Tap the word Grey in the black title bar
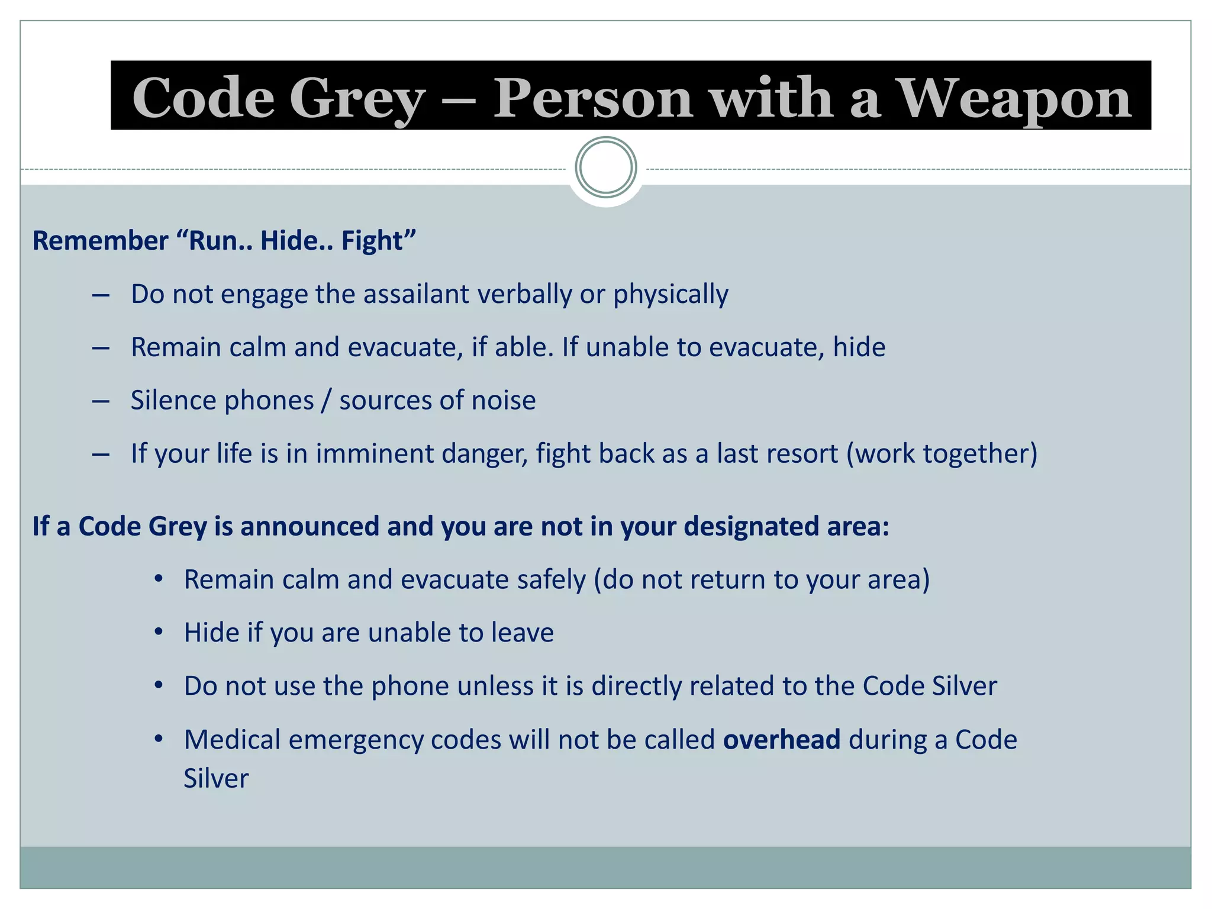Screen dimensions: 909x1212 pyautogui.click(x=357, y=98)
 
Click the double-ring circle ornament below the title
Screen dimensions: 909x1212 pyautogui.click(x=606, y=167)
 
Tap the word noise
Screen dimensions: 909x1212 pyautogui.click(x=503, y=401)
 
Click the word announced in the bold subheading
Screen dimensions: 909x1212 pyautogui.click(x=310, y=526)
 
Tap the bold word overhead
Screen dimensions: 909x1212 pyautogui.click(x=782, y=740)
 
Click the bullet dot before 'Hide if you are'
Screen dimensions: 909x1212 pyautogui.click(x=158, y=632)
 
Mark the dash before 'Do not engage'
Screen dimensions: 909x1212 pyautogui.click(x=101, y=295)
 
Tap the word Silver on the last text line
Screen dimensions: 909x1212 pyautogui.click(x=216, y=778)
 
